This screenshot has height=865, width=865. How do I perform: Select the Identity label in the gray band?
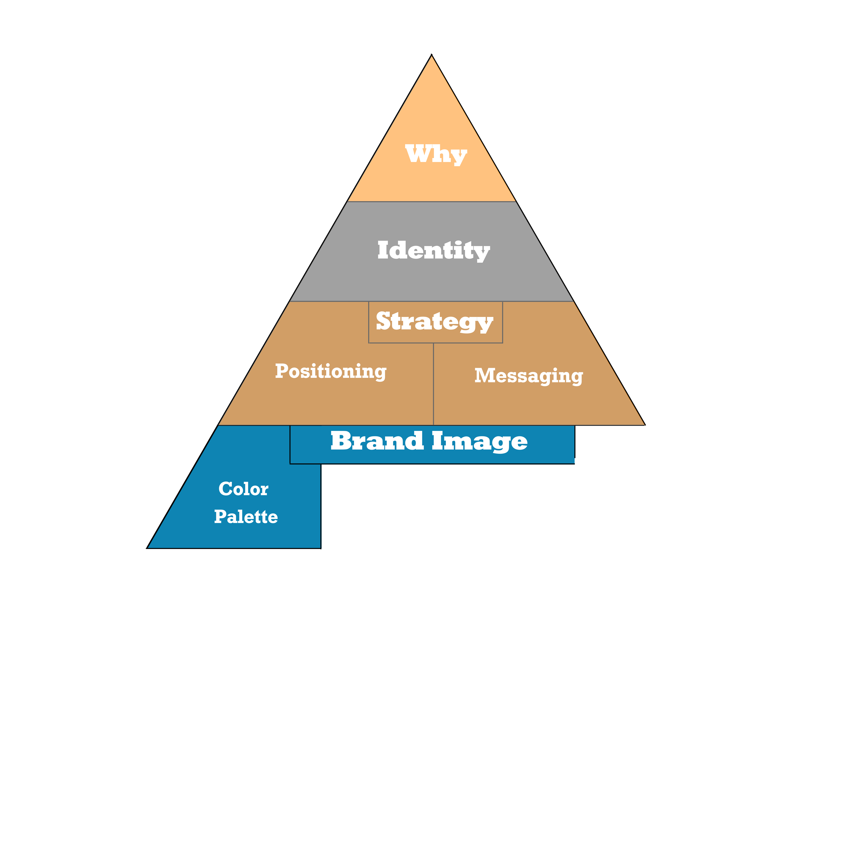pos(433,251)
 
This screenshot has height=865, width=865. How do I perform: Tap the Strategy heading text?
pos(434,321)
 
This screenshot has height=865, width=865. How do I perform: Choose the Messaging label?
pos(529,376)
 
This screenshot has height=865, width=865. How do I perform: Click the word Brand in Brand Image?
pos(377,441)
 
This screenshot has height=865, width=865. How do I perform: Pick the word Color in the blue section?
pos(243,489)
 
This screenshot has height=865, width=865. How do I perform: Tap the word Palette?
pos(246,517)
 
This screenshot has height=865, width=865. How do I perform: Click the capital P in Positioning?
pos(281,371)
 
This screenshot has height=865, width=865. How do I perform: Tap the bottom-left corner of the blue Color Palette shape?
pos(147,548)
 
